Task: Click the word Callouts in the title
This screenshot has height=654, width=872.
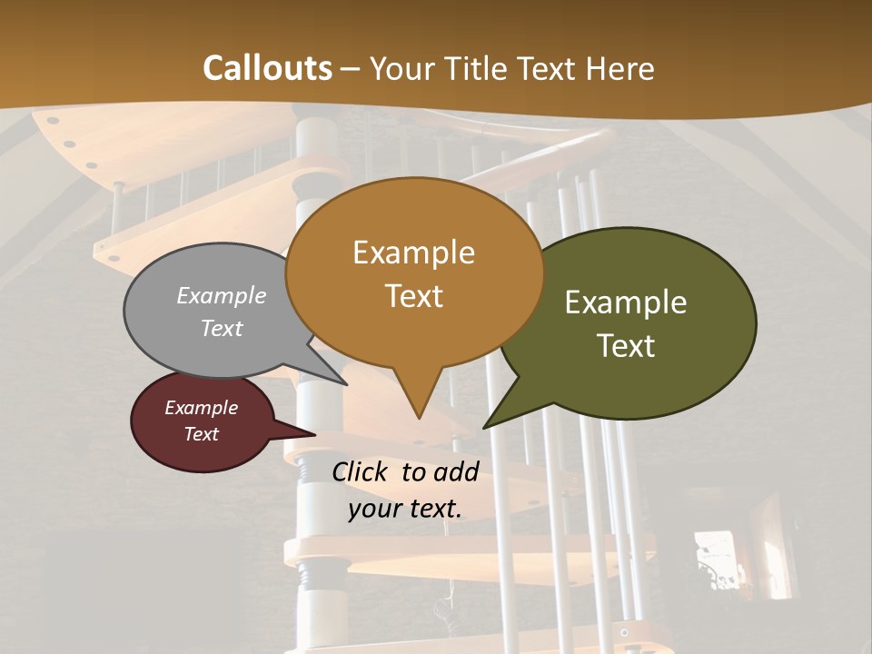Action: (267, 68)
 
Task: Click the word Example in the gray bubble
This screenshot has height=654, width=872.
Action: (222, 295)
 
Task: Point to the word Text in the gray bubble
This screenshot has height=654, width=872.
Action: (222, 328)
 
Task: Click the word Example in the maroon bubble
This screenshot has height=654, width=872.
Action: (201, 408)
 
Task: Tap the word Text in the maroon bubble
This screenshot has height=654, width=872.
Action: (201, 434)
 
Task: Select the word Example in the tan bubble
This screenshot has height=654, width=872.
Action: (413, 252)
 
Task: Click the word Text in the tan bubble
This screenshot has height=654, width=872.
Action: (413, 295)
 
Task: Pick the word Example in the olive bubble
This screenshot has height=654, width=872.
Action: (626, 302)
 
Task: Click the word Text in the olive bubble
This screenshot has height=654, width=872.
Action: (626, 345)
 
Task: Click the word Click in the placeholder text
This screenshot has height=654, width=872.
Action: (362, 471)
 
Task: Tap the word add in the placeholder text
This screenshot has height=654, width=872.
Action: (456, 471)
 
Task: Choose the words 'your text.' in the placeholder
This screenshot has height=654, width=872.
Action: (405, 508)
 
